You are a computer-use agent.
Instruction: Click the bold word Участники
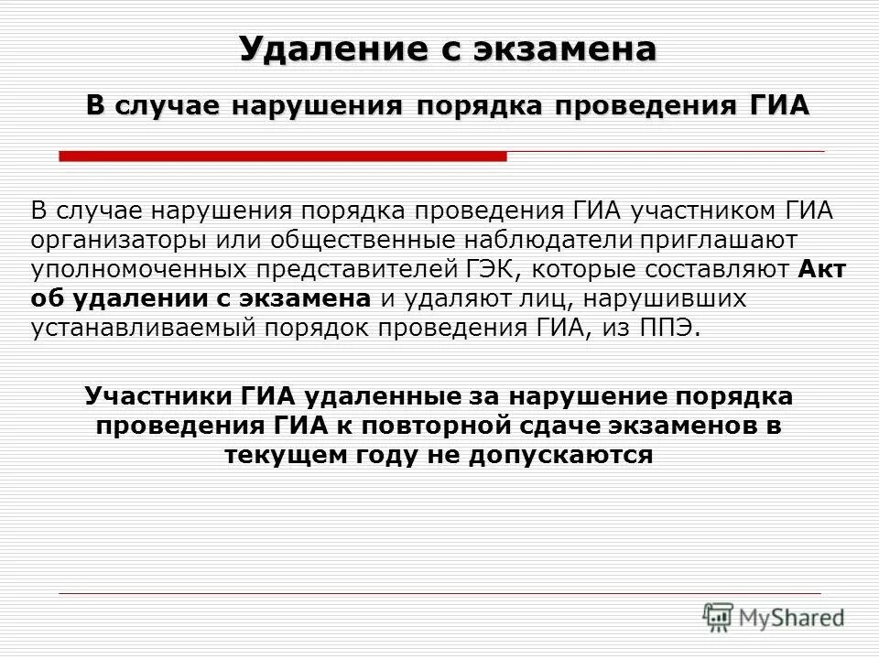point(159,396)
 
